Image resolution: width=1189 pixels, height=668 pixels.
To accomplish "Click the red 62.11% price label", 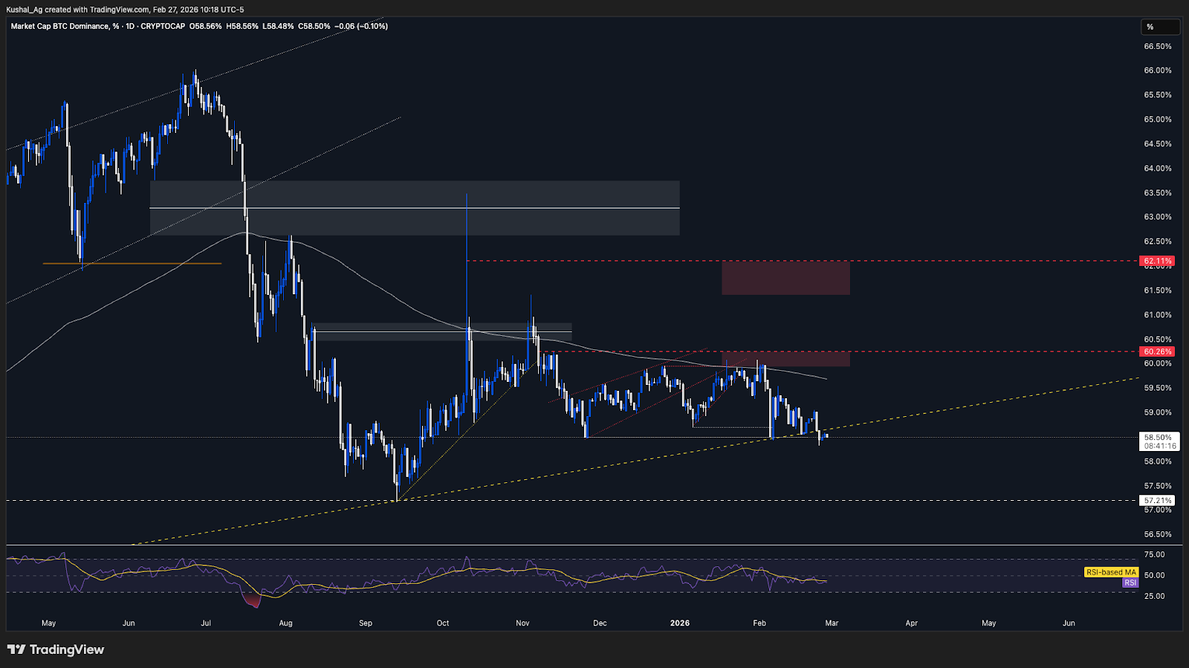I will click(x=1158, y=261).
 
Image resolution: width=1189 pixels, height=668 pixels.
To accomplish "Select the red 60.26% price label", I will click(x=1158, y=351).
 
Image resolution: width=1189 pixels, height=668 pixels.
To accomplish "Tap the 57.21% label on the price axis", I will click(x=1158, y=501).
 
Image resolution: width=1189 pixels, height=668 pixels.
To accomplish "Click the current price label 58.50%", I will click(x=1158, y=438).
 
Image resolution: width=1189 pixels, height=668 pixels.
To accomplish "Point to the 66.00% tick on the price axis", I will click(x=1158, y=71).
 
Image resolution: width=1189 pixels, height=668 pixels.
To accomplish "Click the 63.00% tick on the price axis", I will click(x=1158, y=217).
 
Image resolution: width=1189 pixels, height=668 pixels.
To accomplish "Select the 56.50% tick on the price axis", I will click(x=1158, y=534).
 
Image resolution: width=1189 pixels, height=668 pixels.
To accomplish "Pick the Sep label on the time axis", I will click(x=366, y=623).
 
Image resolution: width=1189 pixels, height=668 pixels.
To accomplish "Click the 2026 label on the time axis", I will click(x=680, y=623).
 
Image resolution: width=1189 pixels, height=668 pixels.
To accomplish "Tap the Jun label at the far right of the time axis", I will click(x=1069, y=623).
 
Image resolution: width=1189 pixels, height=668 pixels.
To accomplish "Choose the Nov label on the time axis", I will click(x=522, y=623).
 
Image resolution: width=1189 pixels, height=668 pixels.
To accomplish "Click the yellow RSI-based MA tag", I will click(x=1111, y=572).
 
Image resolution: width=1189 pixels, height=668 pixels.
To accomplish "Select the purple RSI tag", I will click(x=1130, y=583).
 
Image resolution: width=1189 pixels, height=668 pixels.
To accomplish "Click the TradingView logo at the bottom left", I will click(x=56, y=649).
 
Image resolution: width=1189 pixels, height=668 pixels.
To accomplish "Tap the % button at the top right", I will click(x=1160, y=27).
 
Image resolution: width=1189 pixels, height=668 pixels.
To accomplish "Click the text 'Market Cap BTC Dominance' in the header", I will click(x=59, y=26).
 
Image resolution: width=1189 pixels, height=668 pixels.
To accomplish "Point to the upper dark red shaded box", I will click(x=785, y=278).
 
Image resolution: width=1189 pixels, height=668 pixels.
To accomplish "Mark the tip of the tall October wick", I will click(x=467, y=194).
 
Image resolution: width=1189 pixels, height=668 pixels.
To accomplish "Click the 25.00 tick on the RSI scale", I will click(x=1154, y=596).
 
